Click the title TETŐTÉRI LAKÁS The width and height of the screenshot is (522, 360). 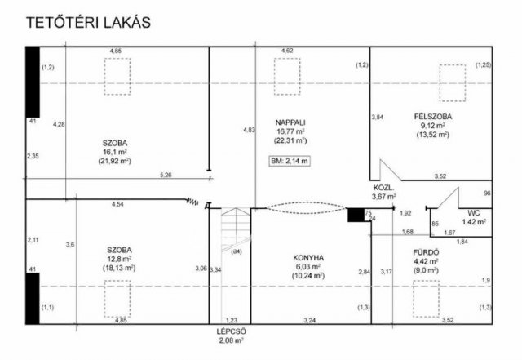(x=88, y=22)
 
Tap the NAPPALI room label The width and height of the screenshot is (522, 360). (x=290, y=122)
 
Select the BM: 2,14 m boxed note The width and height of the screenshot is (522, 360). (x=290, y=161)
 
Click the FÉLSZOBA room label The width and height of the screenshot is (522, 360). (x=433, y=117)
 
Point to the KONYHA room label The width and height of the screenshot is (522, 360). (x=308, y=258)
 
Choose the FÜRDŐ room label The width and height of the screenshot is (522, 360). (x=426, y=252)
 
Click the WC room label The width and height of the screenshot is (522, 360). (x=473, y=213)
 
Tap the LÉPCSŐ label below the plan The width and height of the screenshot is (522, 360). (x=231, y=331)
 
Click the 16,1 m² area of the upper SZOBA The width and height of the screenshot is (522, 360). (x=114, y=152)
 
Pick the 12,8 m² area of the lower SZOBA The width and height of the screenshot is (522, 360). (x=119, y=259)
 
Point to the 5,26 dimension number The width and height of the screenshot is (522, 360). (x=166, y=175)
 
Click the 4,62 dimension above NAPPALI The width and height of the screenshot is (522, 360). (x=287, y=51)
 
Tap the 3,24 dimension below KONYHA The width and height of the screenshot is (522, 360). (x=310, y=320)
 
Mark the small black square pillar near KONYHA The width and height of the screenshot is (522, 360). (x=356, y=215)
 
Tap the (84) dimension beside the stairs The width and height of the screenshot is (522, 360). (x=237, y=251)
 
